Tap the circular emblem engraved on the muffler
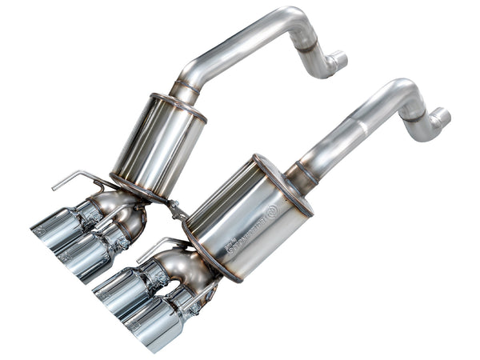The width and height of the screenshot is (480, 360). [x=271, y=210]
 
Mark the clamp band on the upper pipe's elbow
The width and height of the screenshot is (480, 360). [x=307, y=45]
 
